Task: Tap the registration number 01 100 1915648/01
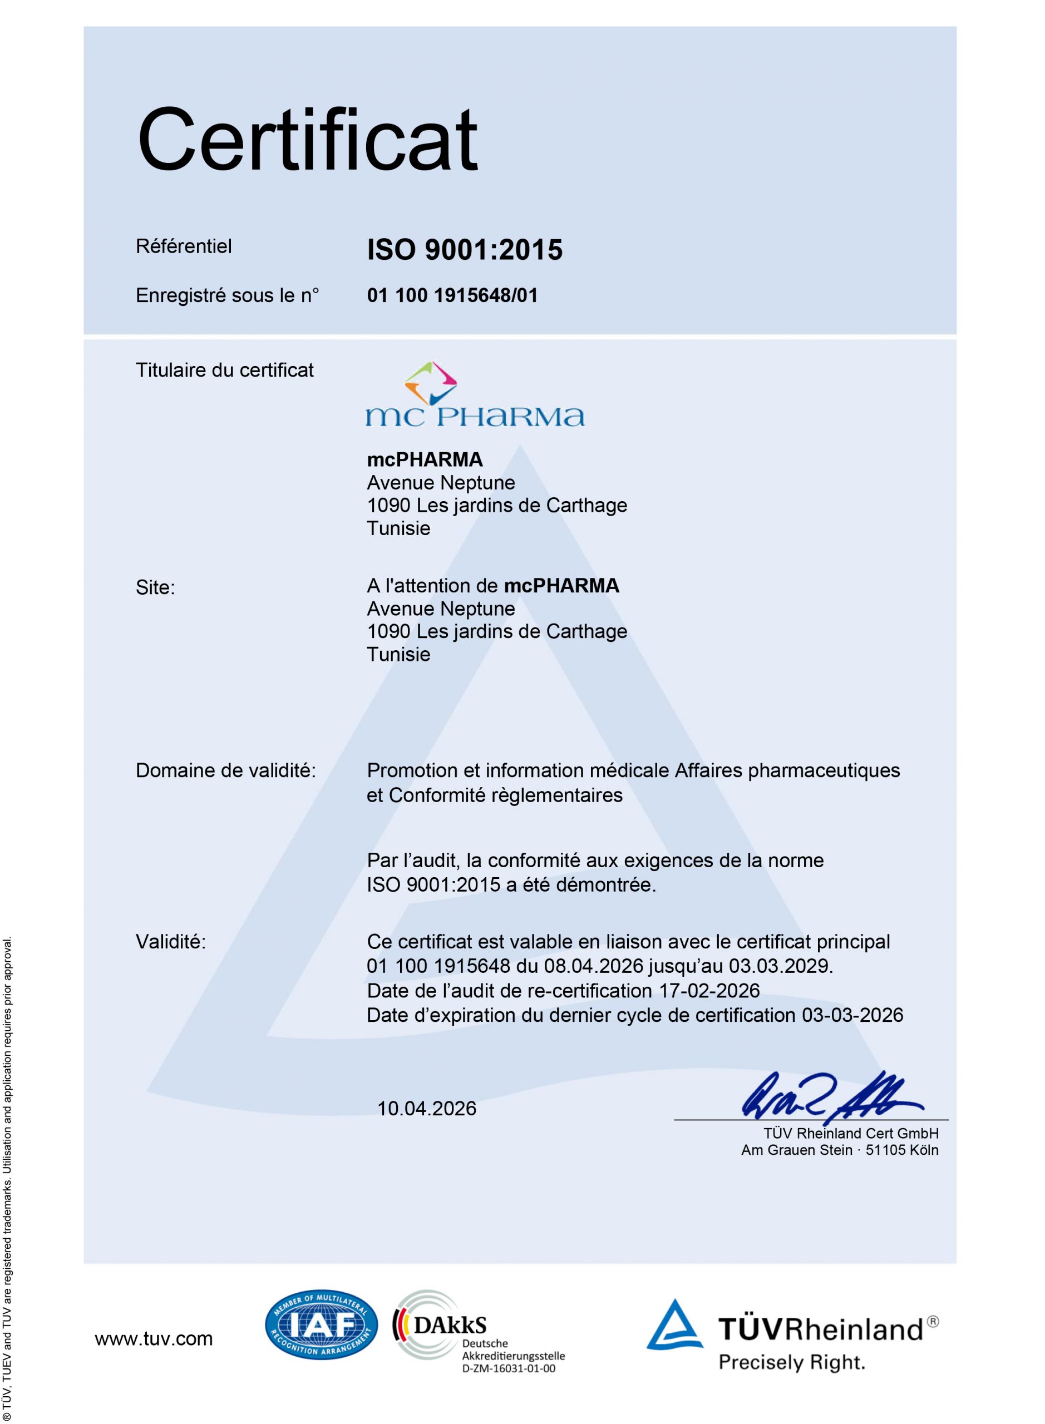click(452, 295)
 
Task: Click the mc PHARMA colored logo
click(475, 394)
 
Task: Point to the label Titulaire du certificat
click(225, 370)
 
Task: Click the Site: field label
click(155, 587)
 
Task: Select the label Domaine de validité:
click(226, 770)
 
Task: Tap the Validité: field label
click(171, 942)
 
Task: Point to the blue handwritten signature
click(829, 1096)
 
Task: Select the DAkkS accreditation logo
click(443, 1324)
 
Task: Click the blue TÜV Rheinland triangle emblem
click(674, 1326)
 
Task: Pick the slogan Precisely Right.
click(791, 1362)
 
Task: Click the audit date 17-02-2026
click(709, 990)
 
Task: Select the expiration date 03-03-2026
click(852, 1015)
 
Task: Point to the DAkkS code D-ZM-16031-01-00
click(509, 1369)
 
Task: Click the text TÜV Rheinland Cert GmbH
click(851, 1133)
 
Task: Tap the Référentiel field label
click(184, 246)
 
